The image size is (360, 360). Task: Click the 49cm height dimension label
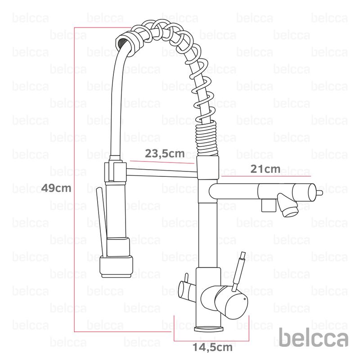tap(56, 188)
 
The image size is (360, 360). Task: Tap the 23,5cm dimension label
tap(165, 153)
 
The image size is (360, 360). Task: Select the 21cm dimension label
tap(265, 169)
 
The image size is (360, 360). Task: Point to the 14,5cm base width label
tap(212, 347)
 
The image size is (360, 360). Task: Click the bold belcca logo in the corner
tap(313, 337)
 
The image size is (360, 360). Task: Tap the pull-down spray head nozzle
tap(117, 267)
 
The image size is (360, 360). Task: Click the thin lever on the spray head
tap(102, 222)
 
